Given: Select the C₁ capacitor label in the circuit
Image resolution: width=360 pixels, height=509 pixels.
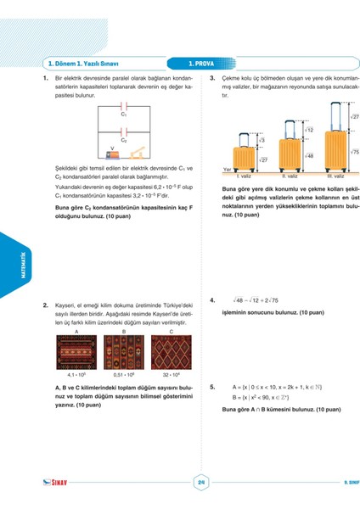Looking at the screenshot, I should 124,113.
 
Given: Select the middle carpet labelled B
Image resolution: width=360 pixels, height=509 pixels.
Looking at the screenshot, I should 124,350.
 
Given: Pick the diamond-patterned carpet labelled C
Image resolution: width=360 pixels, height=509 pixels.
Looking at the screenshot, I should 172,350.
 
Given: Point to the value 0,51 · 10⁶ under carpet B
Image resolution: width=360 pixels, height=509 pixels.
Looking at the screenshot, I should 125,372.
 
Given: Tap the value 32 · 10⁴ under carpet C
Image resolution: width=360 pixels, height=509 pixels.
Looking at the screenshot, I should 172,372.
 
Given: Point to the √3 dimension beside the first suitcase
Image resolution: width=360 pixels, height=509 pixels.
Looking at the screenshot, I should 262,140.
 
